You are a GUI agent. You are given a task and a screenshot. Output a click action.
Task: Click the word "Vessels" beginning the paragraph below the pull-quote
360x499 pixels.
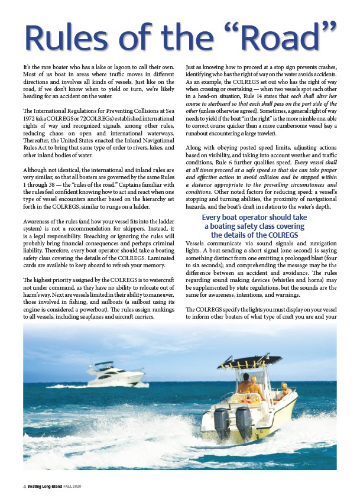[197, 244]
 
